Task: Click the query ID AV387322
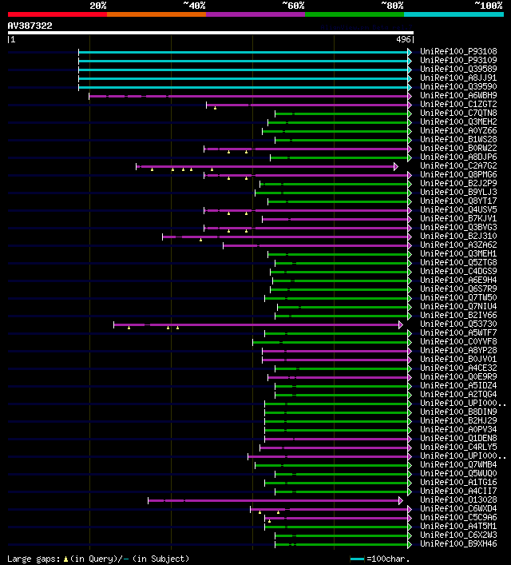(x=30, y=26)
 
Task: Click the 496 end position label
(x=403, y=39)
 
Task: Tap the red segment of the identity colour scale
(x=57, y=14)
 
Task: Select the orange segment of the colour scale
(x=156, y=14)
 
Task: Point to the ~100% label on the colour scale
(x=488, y=6)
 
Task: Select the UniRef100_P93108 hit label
(x=458, y=52)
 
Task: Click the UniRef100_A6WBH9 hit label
(x=458, y=96)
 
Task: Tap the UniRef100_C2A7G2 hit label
(x=458, y=166)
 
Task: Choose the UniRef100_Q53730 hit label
(x=458, y=324)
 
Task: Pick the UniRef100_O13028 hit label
(x=458, y=500)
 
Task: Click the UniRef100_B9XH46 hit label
(x=458, y=544)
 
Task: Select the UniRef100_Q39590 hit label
(x=458, y=87)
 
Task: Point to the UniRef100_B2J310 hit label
(x=458, y=237)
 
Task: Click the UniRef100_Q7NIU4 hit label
(x=458, y=307)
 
